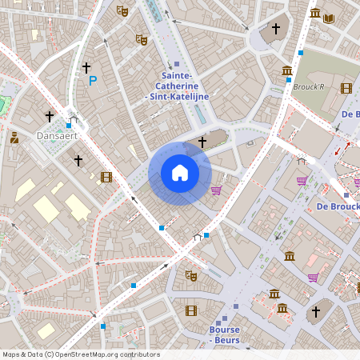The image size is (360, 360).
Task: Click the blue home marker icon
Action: [179, 173]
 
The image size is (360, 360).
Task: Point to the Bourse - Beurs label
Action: [224, 334]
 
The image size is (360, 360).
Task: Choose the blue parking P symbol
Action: [93, 80]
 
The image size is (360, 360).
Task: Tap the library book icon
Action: [329, 15]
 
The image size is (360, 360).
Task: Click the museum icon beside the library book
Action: [315, 14]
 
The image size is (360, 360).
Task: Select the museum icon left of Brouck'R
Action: [287, 71]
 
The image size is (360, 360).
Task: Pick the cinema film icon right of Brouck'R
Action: [346, 88]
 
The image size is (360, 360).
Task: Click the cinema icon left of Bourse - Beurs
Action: [190, 310]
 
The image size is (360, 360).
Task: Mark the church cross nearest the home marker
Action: [202, 142]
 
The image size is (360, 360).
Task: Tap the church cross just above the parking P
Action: [86, 68]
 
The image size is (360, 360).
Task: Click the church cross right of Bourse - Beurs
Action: [316, 311]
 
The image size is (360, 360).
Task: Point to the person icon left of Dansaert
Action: [14, 138]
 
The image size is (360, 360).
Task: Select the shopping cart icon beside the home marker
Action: [216, 190]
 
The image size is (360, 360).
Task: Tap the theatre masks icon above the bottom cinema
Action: [190, 275]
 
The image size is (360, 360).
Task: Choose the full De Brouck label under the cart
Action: [338, 206]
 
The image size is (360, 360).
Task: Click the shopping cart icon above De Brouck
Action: [302, 181]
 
